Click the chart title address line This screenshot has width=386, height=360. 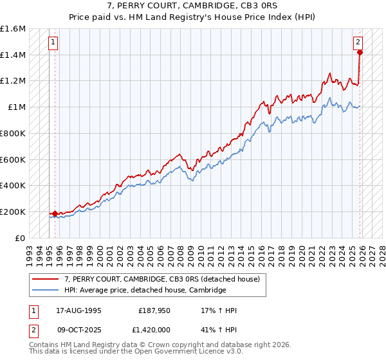(193, 6)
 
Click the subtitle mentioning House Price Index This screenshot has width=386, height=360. (193, 17)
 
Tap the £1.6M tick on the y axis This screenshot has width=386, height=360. (14, 29)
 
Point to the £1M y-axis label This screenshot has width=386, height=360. (17, 107)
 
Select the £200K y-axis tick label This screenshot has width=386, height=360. (14, 212)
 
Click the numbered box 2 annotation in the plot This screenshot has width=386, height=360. (358, 42)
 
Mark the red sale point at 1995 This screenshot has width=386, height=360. (55, 213)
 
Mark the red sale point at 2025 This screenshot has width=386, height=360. (360, 53)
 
